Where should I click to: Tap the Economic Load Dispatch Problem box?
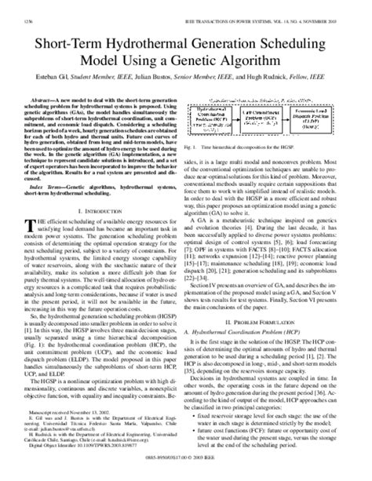pos(320,117)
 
